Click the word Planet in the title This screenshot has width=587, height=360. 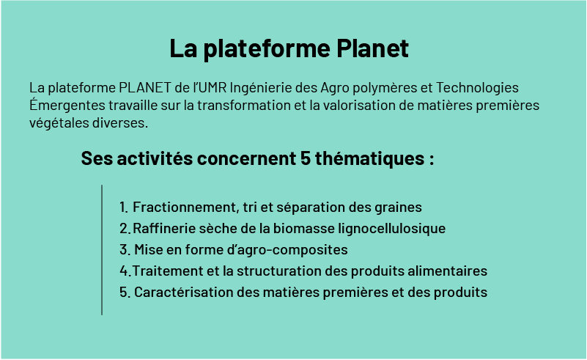(372, 48)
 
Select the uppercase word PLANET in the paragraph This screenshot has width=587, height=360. (145, 88)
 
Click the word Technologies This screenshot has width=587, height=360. (477, 89)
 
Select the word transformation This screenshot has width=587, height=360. (244, 106)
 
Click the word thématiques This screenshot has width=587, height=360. (369, 159)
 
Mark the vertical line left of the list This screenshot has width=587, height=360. (102, 250)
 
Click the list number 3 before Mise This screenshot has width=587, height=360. (124, 250)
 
